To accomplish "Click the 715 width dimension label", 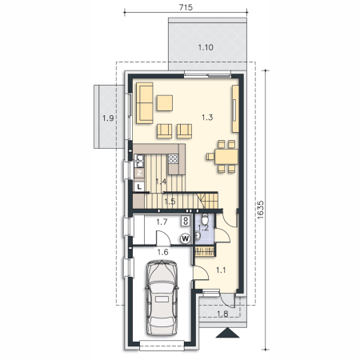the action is [186, 7].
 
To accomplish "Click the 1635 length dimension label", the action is [261, 210].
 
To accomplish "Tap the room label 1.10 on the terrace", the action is [206, 47].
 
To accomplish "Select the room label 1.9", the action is [108, 118].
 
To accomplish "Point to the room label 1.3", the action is [207, 118].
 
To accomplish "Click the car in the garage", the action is [162, 298].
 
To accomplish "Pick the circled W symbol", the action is [186, 238].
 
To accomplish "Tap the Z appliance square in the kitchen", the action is [139, 173].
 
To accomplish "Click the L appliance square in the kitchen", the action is [139, 187].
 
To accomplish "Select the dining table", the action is [226, 157].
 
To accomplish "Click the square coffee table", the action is [165, 103].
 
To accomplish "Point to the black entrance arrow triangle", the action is [227, 333].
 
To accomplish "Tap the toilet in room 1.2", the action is [205, 219].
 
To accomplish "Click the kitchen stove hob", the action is [173, 159].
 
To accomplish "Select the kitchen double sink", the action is [139, 161].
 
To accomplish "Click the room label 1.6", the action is [162, 252].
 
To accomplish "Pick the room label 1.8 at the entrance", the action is [222, 314].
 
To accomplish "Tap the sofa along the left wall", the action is [145, 103].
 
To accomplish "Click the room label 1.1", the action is [221, 270].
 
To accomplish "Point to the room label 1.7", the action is [162, 222].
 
